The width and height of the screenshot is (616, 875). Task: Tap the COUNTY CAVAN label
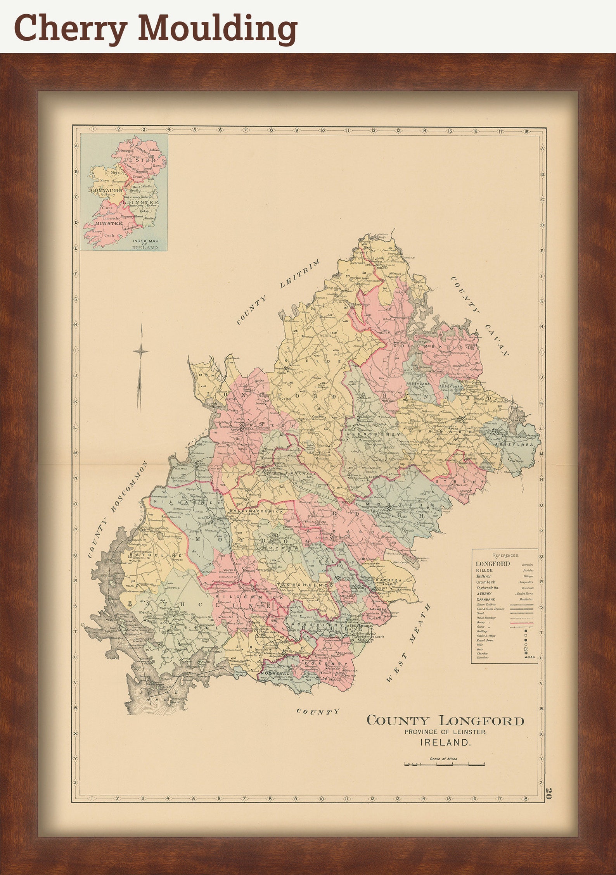[x=480, y=316]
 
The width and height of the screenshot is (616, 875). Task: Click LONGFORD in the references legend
[x=493, y=564]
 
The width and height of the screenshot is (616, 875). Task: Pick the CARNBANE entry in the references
[x=485, y=599]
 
